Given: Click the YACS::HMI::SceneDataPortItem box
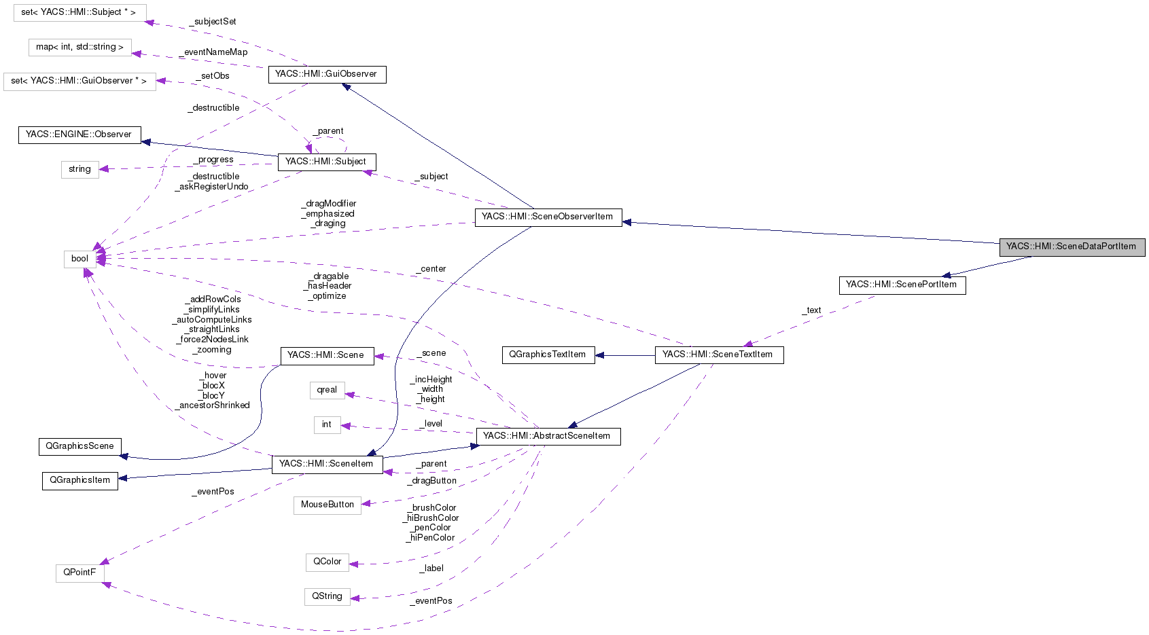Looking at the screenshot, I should (x=1072, y=247).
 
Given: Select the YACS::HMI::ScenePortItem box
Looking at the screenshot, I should (x=902, y=285).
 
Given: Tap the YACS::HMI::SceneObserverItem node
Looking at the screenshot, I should (x=548, y=217).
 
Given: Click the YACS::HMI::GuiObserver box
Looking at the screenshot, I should (x=327, y=75).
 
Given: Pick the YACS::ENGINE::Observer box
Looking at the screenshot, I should (x=79, y=135).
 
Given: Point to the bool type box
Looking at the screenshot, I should (x=80, y=259).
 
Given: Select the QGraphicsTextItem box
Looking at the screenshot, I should (x=548, y=355).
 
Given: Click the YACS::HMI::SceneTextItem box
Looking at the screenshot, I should (x=718, y=355).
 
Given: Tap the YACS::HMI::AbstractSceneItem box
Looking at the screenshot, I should (x=548, y=437).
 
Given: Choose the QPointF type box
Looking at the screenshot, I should (x=79, y=573).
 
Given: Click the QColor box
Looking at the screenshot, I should (x=327, y=562).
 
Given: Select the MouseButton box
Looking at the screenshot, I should (x=327, y=505).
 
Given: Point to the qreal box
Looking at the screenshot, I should (x=327, y=391).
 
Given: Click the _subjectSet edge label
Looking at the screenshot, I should (x=213, y=22).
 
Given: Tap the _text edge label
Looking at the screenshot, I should (x=811, y=310).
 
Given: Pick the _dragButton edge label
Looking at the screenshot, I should (x=432, y=481).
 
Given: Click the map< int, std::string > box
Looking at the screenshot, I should (x=79, y=48).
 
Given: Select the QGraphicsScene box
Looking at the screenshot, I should (x=79, y=447).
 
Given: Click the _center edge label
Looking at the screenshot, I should (x=431, y=269).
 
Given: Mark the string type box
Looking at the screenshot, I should (x=79, y=170).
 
